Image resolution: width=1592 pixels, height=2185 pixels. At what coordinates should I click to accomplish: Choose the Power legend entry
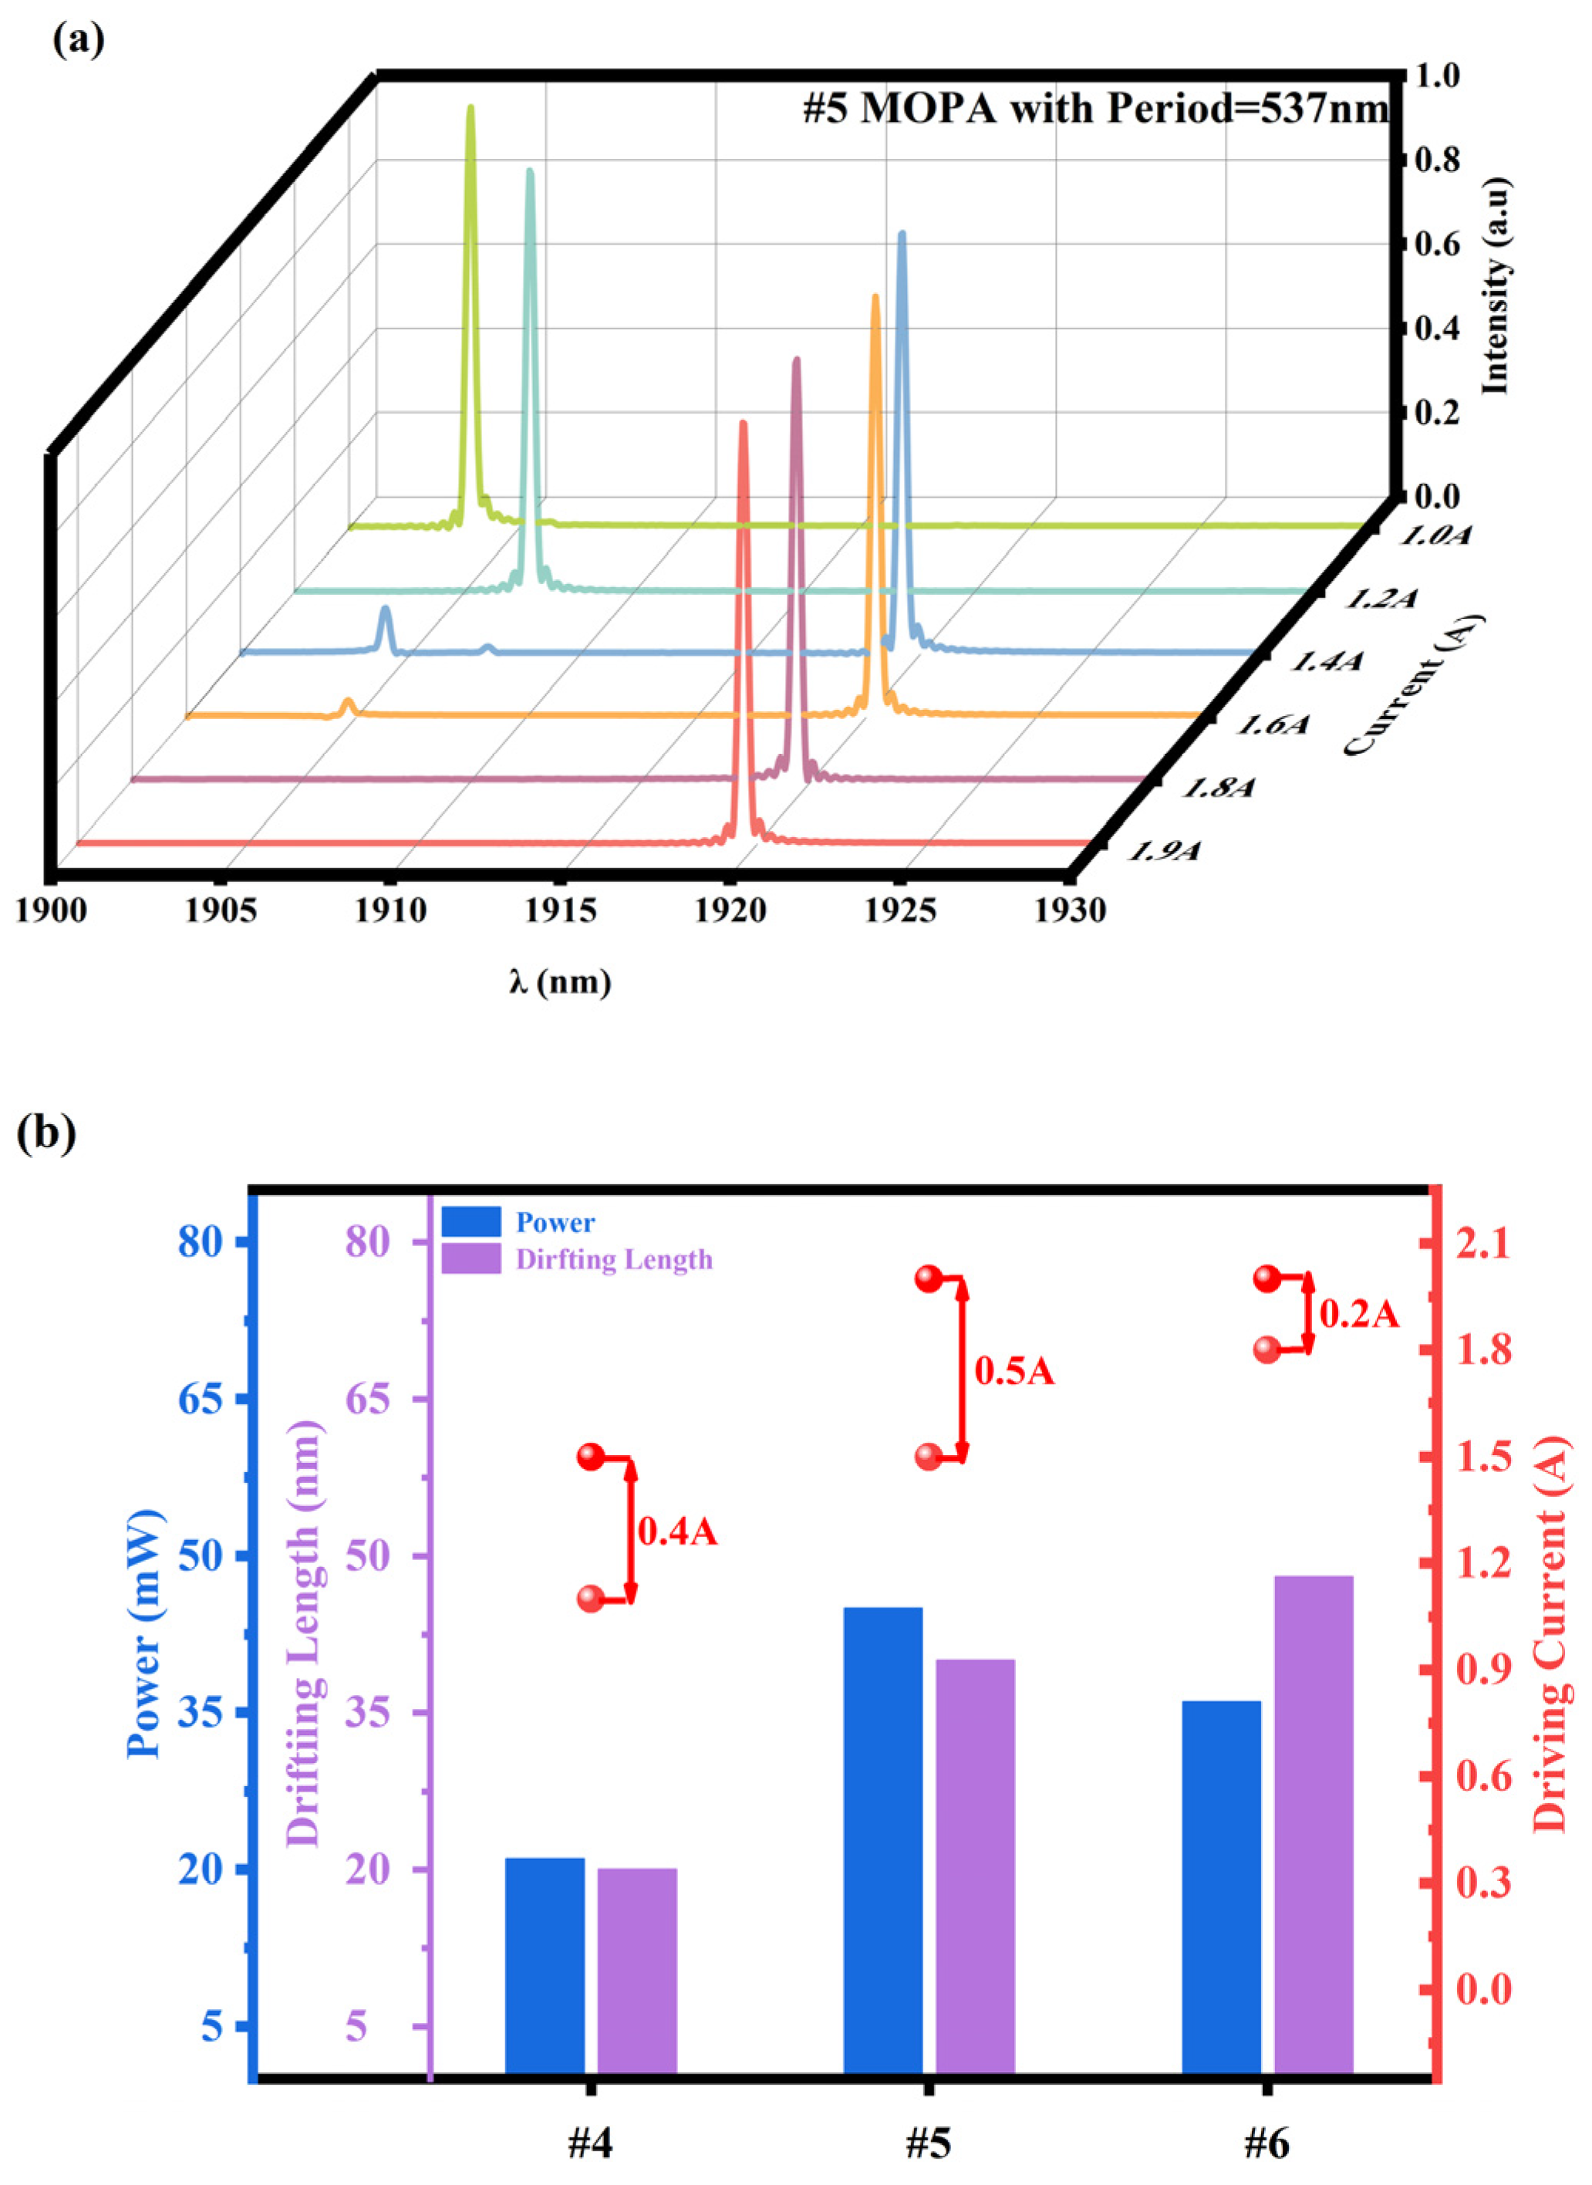pos(555,1222)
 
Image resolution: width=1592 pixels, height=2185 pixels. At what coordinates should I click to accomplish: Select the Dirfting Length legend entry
pos(614,1260)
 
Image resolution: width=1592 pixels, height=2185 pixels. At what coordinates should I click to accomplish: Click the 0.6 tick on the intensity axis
pos(1439,245)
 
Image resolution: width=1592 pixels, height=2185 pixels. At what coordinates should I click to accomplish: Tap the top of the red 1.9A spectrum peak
pos(743,424)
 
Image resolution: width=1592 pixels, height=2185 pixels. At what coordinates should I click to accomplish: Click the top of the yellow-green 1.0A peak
pos(471,108)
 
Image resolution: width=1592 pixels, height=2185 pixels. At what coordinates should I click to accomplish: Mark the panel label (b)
pos(46,1133)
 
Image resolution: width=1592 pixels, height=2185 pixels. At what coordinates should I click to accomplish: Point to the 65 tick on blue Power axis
pos(202,1399)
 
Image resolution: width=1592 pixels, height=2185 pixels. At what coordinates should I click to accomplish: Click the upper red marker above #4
pos(591,1457)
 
